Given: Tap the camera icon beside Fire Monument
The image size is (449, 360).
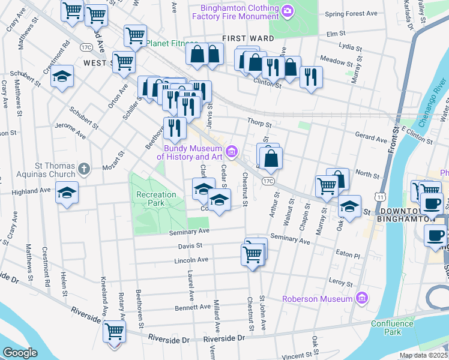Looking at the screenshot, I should coord(288,11).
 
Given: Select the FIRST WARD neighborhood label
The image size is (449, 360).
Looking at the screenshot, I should coord(248,38).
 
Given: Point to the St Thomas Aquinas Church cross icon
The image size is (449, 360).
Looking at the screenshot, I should coord(84,169).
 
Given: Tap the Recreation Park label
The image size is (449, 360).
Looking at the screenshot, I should coord(156,199).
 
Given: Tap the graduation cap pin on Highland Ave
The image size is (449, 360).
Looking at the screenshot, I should coord(67,193).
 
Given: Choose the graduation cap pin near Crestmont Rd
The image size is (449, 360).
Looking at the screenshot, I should coord(62,77).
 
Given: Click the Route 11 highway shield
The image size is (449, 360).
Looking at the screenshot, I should coord(379,196).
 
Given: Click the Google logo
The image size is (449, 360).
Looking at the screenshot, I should coord(20,353).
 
